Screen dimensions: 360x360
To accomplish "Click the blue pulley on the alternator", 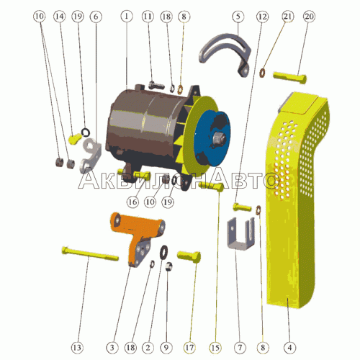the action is [x=212, y=138].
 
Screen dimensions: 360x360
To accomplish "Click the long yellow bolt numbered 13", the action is [x=90, y=254].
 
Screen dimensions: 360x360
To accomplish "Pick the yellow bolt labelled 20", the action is [x=290, y=77].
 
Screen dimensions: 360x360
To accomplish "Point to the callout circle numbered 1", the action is [x=127, y=17].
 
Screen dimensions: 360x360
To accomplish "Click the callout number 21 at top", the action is [x=288, y=17].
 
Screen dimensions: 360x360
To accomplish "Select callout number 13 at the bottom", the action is [x=77, y=348].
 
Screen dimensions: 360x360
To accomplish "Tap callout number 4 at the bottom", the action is [x=290, y=348].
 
